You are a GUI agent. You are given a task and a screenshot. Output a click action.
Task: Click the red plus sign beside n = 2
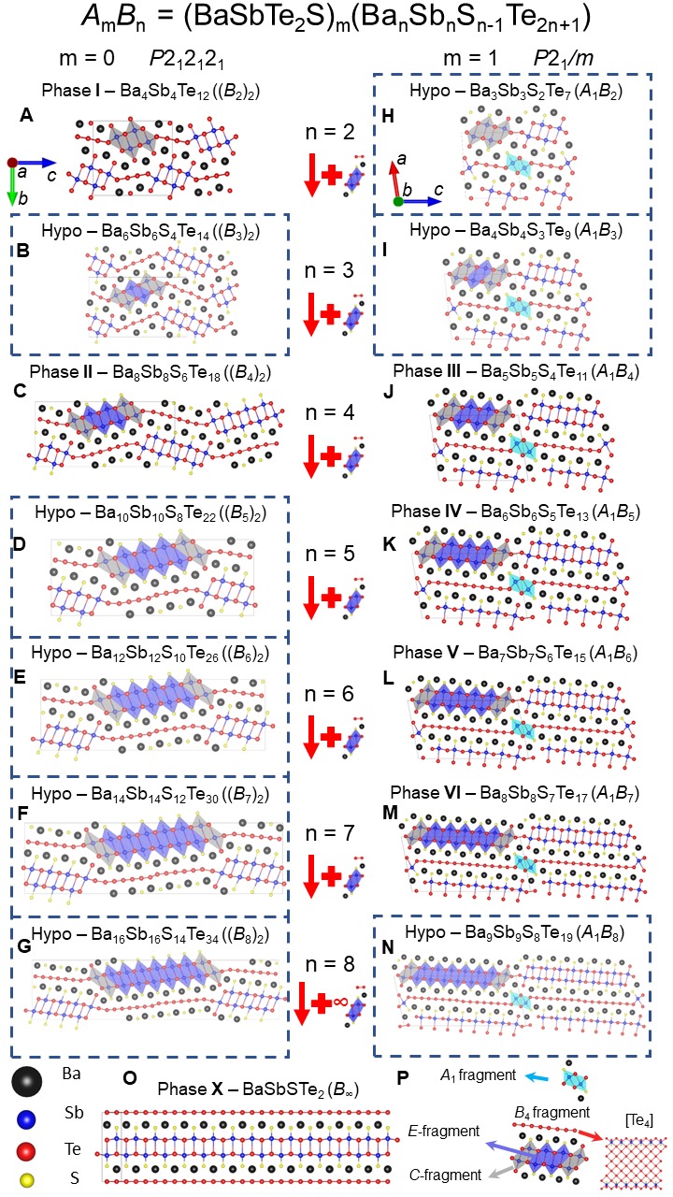(x=330, y=176)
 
